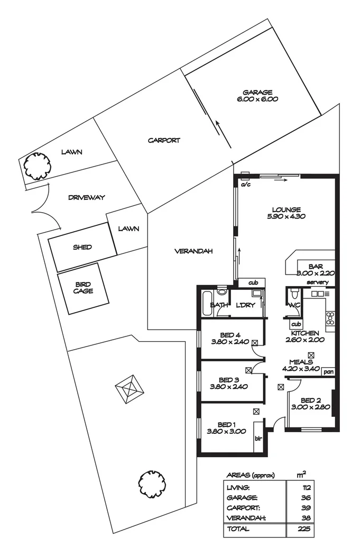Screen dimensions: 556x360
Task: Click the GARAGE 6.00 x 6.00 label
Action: point(257,95)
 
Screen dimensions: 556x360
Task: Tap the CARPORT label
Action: point(164,141)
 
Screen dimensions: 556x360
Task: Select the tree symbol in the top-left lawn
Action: point(36,166)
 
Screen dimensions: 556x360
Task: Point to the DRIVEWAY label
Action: point(87,197)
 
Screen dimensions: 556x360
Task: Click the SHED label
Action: point(82,247)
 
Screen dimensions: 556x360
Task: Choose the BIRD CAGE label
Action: point(83,288)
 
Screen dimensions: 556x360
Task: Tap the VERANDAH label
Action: point(193,252)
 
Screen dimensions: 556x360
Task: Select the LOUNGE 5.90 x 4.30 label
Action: point(286,212)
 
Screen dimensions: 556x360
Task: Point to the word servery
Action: point(317,282)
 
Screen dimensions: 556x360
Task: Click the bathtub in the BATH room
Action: point(206,304)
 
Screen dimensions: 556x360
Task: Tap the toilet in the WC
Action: point(293,294)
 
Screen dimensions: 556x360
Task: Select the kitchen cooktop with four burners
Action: point(330,318)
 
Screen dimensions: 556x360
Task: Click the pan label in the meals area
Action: point(329,371)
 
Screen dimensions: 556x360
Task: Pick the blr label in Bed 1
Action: point(259,438)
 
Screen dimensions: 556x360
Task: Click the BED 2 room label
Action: point(310,404)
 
